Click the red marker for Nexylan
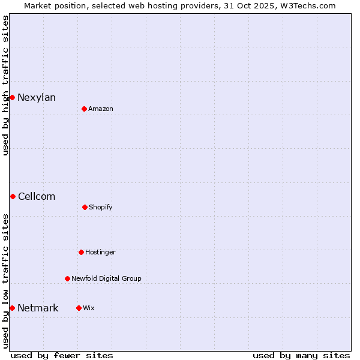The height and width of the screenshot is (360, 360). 12,97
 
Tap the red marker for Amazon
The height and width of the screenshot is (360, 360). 84,109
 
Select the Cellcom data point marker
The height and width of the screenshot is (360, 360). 13,196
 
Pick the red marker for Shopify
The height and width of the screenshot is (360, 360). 85,207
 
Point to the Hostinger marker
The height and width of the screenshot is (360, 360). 81,252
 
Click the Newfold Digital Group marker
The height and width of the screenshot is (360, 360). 67,278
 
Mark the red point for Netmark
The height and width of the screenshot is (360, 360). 12,308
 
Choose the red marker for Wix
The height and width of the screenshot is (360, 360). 79,308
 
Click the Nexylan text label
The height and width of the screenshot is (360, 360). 37,98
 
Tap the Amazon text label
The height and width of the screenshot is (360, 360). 101,109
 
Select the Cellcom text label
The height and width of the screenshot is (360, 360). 37,197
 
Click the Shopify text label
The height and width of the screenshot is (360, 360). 101,208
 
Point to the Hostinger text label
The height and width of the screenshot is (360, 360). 100,253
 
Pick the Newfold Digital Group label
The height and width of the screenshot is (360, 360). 106,279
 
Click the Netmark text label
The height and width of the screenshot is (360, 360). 38,308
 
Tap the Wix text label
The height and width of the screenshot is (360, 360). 89,308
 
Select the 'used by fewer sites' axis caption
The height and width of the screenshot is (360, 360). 62,355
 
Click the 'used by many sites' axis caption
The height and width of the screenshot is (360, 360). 301,355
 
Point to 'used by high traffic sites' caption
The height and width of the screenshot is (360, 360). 5,85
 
